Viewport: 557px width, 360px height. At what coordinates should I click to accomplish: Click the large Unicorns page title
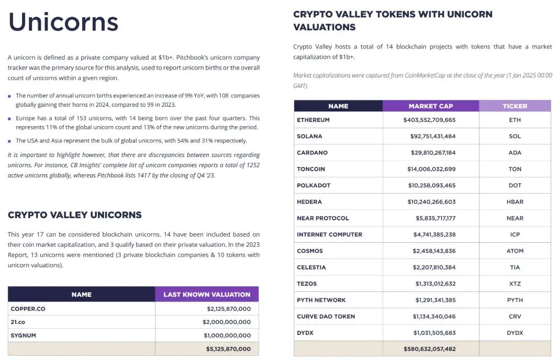(x=63, y=22)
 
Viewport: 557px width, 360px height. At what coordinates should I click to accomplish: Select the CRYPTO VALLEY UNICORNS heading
(x=75, y=215)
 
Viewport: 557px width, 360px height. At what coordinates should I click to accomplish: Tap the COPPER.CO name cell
(x=28, y=309)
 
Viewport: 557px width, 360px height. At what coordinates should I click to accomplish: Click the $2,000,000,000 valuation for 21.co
(x=227, y=322)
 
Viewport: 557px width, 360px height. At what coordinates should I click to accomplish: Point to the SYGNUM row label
(x=24, y=335)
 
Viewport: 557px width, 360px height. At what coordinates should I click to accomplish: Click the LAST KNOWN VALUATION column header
(x=207, y=295)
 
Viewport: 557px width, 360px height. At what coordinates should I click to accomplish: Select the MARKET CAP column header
(x=431, y=106)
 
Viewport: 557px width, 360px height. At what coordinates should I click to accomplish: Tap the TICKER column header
(x=515, y=106)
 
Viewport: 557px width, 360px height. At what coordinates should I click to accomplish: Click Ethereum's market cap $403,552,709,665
(x=429, y=120)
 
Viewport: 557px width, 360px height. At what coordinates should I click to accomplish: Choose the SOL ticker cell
(x=515, y=136)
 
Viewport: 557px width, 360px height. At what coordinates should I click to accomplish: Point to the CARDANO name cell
(x=313, y=153)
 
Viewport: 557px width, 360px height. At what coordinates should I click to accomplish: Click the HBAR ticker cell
(x=515, y=202)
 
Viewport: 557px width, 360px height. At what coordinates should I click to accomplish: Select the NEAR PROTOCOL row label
(x=323, y=218)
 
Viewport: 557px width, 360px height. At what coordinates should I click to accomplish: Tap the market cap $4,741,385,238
(x=436, y=234)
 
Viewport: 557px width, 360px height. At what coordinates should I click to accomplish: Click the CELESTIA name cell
(x=311, y=267)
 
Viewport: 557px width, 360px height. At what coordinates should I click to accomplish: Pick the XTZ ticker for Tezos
(x=515, y=284)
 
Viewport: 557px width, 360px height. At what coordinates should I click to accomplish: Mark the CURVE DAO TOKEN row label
(x=326, y=317)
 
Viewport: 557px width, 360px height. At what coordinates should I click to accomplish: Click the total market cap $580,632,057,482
(x=430, y=349)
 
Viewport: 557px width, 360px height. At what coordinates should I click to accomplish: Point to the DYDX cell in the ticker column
(x=515, y=333)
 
